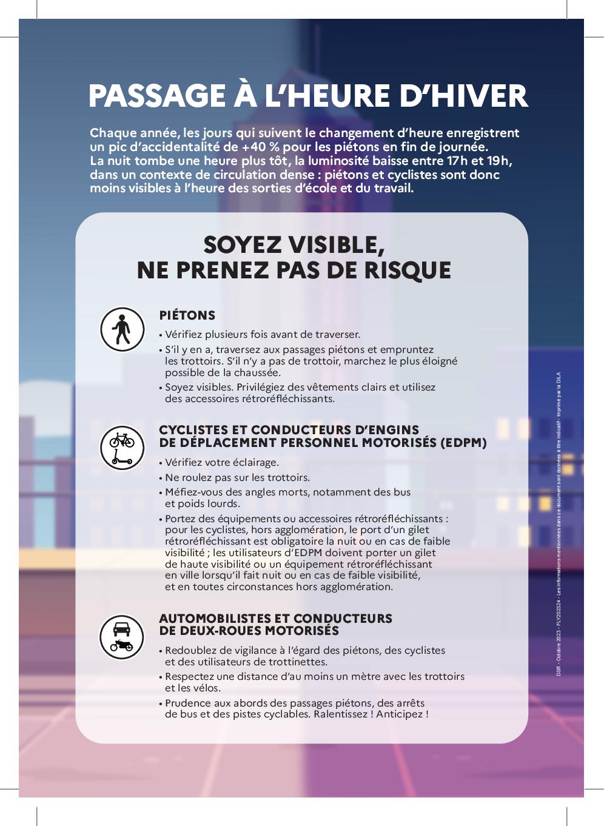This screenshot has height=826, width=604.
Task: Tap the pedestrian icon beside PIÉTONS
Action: [x=122, y=329]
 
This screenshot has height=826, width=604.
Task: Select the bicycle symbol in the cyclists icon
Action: [x=122, y=440]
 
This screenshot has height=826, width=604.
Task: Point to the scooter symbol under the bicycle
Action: [x=122, y=458]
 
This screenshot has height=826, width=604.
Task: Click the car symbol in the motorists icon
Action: [x=122, y=628]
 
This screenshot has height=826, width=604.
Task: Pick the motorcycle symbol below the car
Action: [x=122, y=645]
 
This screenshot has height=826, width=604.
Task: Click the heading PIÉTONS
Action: [x=187, y=315]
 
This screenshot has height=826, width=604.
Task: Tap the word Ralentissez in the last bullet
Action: [x=340, y=714]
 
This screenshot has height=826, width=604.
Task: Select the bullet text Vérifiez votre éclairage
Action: [x=222, y=462]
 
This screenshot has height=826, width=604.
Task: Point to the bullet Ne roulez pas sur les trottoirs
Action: [x=237, y=477]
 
